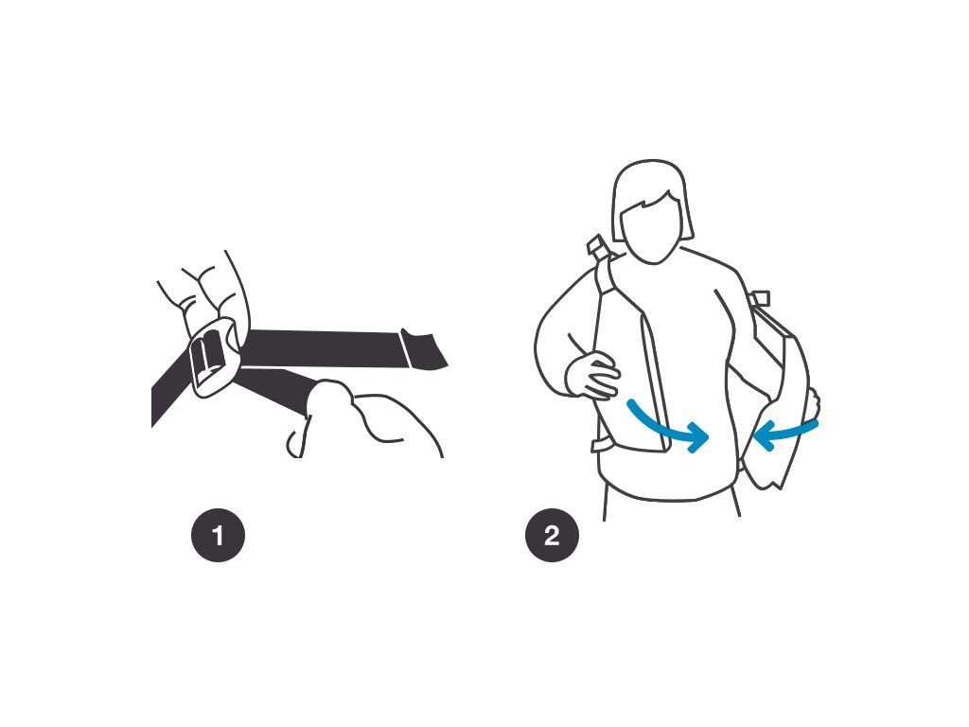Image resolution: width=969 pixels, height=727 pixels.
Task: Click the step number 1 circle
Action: pos(218,536)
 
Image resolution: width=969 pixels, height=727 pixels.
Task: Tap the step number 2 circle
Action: pos(552,536)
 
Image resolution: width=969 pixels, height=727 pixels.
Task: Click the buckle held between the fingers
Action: pos(213,357)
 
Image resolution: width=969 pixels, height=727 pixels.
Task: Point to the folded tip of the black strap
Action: pos(424,350)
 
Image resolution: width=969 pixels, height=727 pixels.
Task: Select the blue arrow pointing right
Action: pos(667,428)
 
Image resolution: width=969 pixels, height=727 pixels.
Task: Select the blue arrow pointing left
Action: pos(784,431)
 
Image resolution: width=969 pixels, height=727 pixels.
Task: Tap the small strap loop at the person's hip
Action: pos(601,445)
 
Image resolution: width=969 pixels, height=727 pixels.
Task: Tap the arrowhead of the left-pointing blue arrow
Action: pos(764,434)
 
